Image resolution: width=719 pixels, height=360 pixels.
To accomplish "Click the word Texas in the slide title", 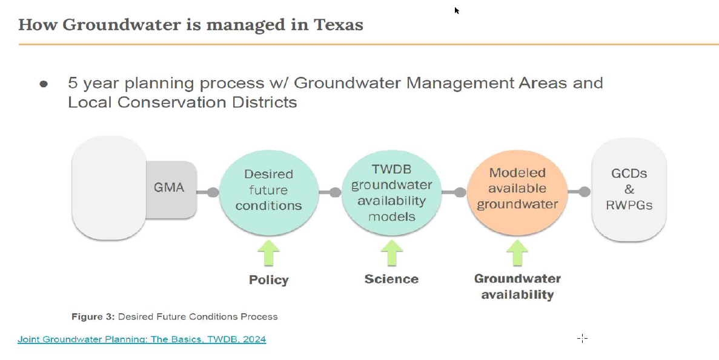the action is pyautogui.click(x=339, y=24).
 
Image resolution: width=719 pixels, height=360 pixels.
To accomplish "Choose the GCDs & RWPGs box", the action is pyautogui.click(x=629, y=190).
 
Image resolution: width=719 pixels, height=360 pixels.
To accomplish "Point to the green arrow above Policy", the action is pyautogui.click(x=269, y=253).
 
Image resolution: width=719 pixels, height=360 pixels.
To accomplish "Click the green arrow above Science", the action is pyautogui.click(x=391, y=253).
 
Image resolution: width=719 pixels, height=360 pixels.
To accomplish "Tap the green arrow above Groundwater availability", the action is pyautogui.click(x=517, y=253).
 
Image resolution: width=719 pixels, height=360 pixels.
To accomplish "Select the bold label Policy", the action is pyautogui.click(x=269, y=280).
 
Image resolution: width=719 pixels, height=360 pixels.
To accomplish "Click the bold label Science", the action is pyautogui.click(x=391, y=279).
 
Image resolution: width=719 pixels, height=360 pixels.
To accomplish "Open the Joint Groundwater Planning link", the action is pyautogui.click(x=142, y=339).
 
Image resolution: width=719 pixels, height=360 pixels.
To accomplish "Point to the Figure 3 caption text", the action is pyautogui.click(x=174, y=316).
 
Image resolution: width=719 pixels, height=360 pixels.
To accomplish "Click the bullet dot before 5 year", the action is pyautogui.click(x=44, y=84).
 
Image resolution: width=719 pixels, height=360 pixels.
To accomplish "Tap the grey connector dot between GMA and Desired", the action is pyautogui.click(x=213, y=192).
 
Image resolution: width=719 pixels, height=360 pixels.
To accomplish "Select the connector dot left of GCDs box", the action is pyautogui.click(x=585, y=192).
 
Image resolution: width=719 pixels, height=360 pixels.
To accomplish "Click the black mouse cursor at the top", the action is pyautogui.click(x=457, y=10).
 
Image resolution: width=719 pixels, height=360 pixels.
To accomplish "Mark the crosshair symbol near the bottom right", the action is pyautogui.click(x=582, y=338).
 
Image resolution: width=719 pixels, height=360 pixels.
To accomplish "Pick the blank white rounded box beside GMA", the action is pyautogui.click(x=109, y=188).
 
